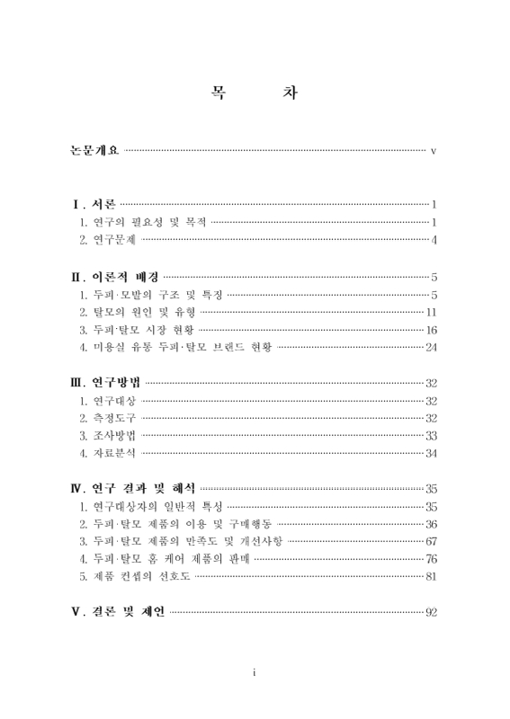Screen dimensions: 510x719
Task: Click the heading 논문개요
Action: click(x=94, y=148)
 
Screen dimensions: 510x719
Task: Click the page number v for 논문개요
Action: click(x=433, y=149)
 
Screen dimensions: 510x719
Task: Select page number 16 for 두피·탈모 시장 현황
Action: click(x=431, y=329)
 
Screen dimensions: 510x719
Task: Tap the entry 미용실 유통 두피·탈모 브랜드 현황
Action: click(x=175, y=347)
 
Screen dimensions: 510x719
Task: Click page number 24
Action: click(x=431, y=347)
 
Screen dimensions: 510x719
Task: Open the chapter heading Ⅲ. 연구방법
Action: click(x=104, y=383)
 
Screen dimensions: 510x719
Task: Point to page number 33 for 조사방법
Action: click(x=431, y=436)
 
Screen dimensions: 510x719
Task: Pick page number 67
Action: click(x=431, y=542)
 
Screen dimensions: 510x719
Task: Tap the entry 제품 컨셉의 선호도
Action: click(x=136, y=577)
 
